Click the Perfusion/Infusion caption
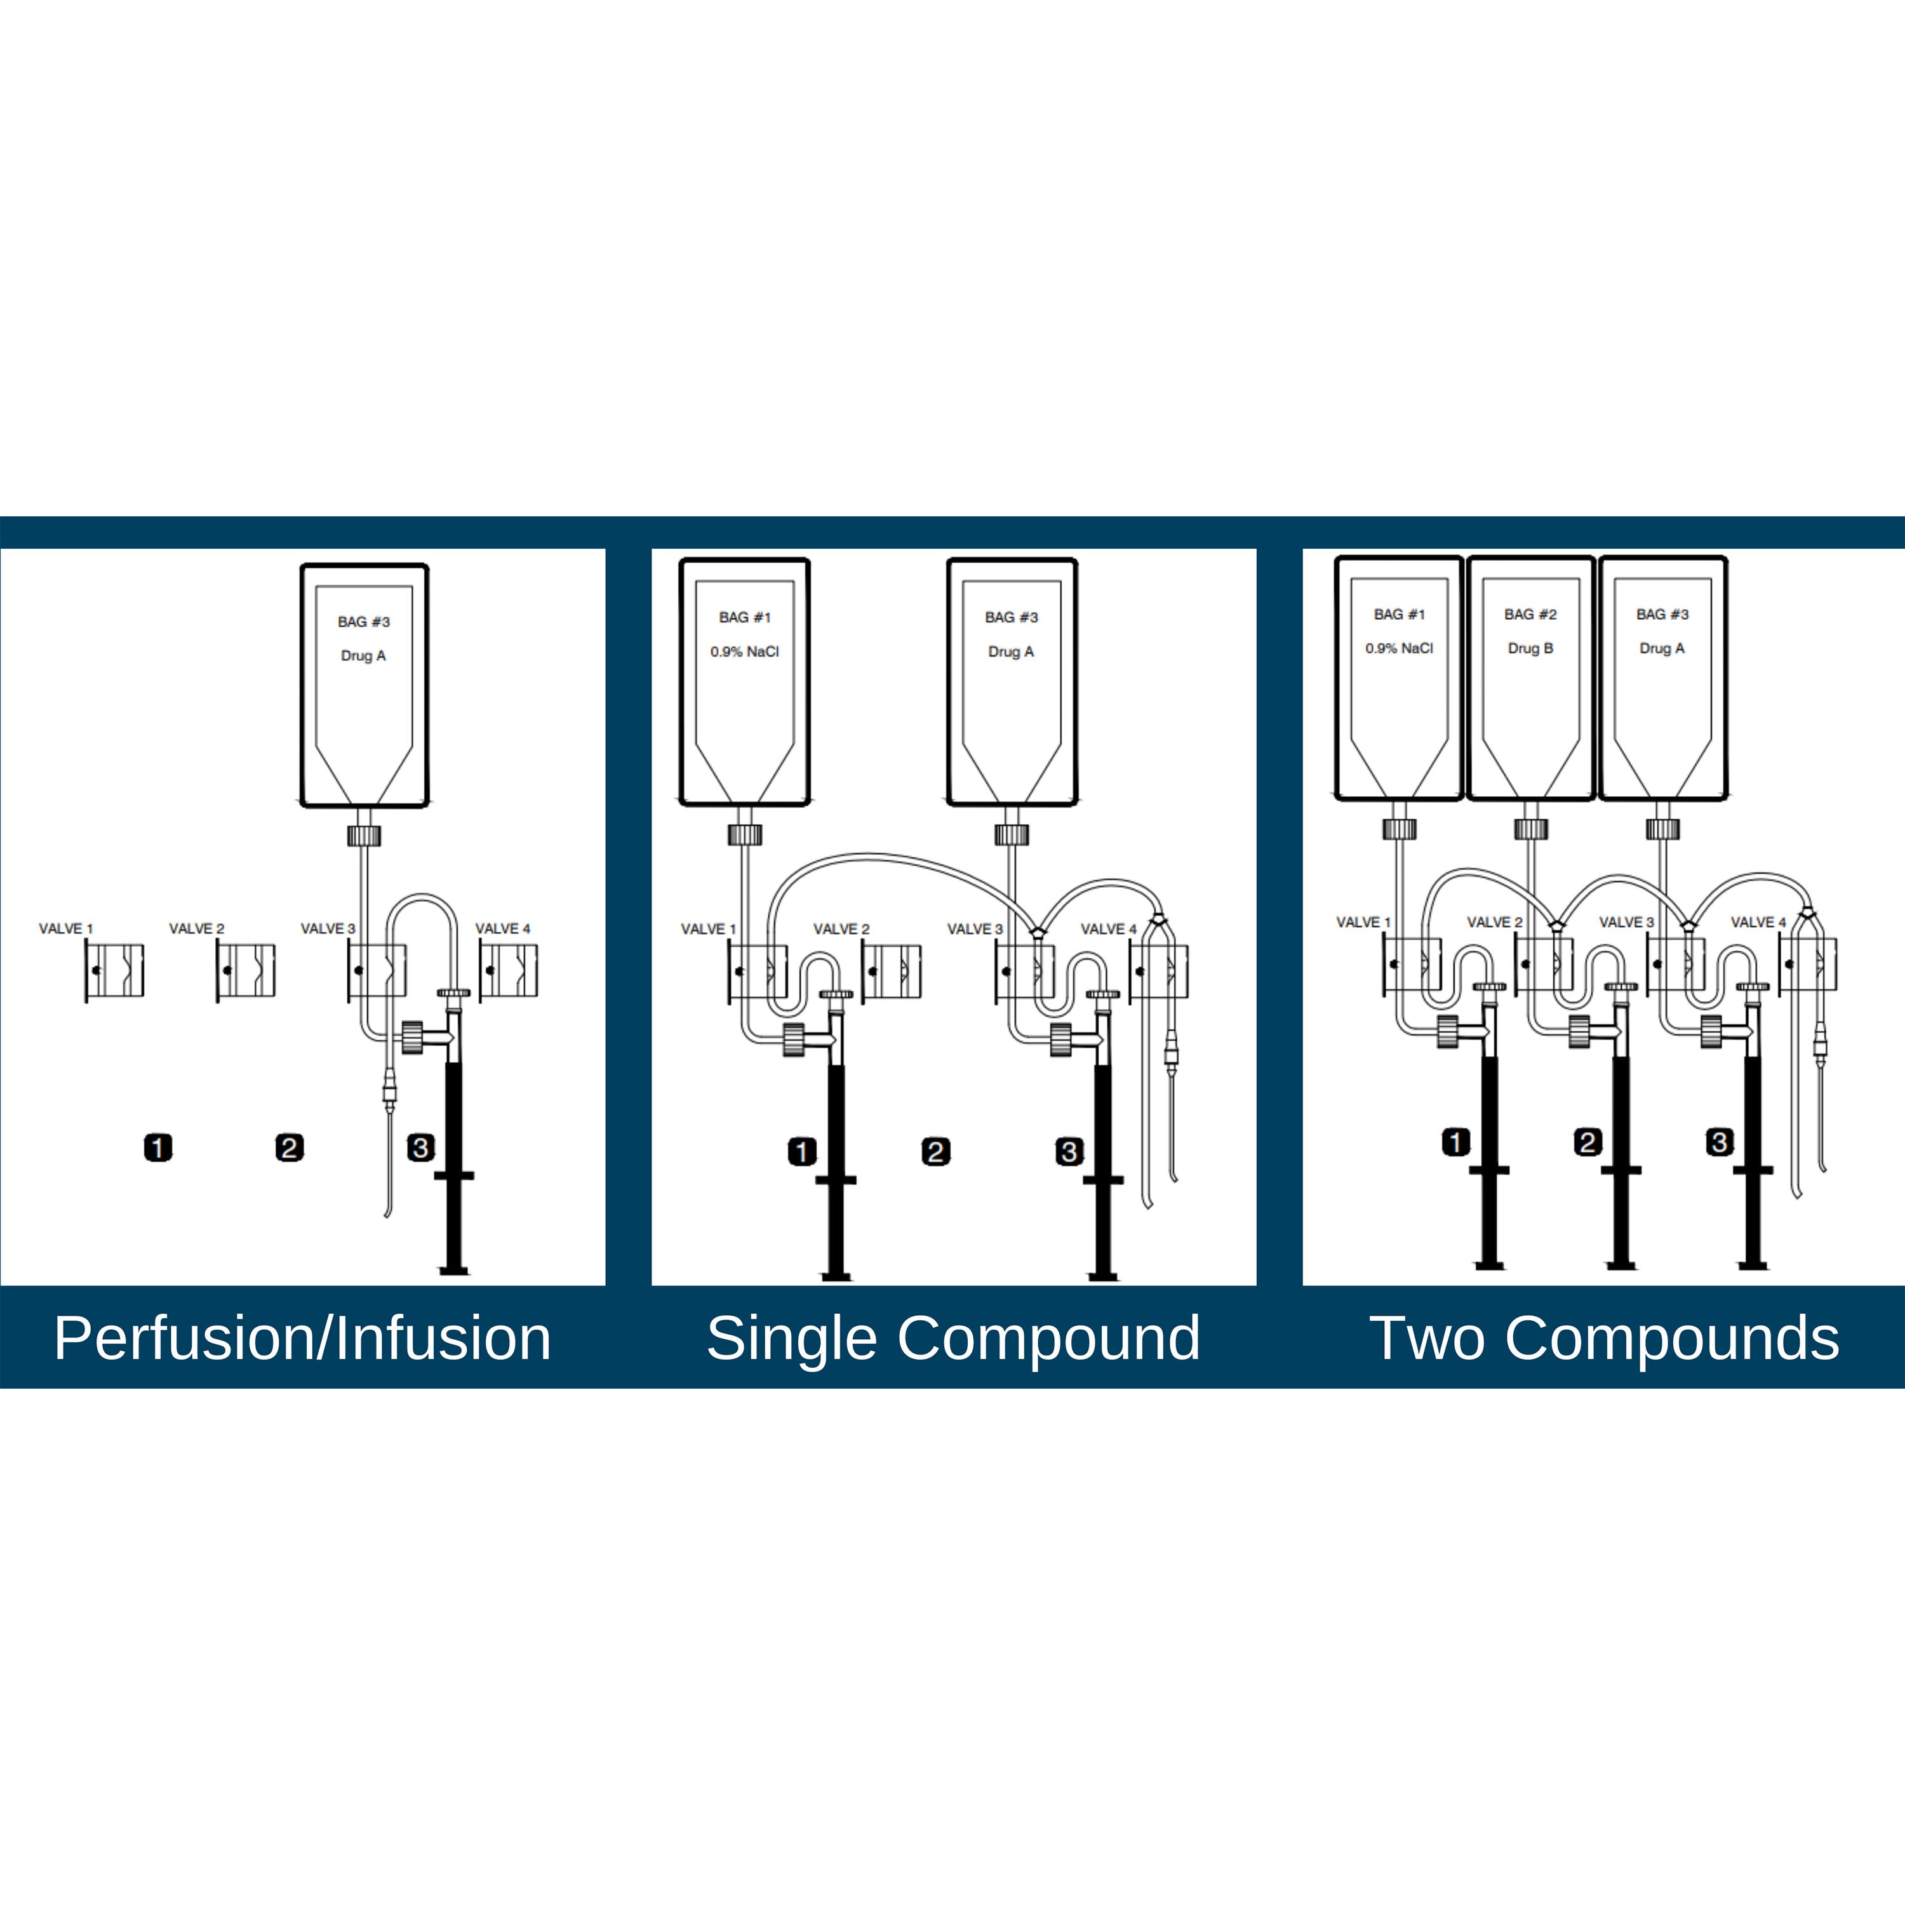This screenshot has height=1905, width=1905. pos(303,1339)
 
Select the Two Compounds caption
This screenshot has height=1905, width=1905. pos(1604,1339)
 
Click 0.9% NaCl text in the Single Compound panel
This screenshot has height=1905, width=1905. pos(744,652)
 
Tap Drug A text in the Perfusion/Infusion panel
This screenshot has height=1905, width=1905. pos(364,656)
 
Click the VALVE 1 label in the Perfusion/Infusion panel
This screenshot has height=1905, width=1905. pos(66,929)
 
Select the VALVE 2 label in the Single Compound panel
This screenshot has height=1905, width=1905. pos(841,929)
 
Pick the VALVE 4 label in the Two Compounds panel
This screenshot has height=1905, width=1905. pos(1759,922)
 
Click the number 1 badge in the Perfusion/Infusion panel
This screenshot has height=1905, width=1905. pos(157,1147)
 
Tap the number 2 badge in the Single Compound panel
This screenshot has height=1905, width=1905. pos(936,1152)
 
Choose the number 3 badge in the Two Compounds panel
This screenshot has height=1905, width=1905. pos(1720,1143)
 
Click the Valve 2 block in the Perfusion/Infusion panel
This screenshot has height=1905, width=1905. pos(246,972)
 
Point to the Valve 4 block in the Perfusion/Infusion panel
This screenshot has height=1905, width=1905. pos(509,972)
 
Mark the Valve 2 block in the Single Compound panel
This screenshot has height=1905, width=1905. pos(892,972)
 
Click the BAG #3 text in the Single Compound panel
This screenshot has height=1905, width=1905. pos(1012,617)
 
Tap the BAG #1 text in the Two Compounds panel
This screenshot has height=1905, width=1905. pos(1399,614)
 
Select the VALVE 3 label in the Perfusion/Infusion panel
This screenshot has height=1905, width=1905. pos(328,929)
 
